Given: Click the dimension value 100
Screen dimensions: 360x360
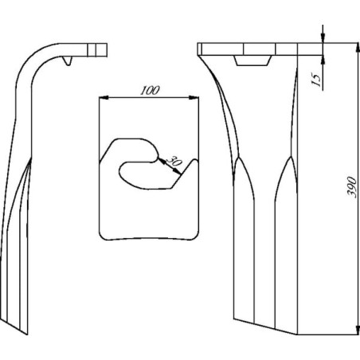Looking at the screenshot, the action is click(x=151, y=90).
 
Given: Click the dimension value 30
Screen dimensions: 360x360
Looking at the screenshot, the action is click(x=174, y=161).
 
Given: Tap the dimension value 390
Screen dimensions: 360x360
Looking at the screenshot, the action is click(x=352, y=186).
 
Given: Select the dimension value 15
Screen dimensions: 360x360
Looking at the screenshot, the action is click(x=316, y=80).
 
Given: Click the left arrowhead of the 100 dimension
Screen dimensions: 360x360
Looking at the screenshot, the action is click(x=104, y=98).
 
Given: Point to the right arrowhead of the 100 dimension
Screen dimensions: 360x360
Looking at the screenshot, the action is click(x=194, y=98).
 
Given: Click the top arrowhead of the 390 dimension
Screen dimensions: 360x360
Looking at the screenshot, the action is click(x=358, y=47).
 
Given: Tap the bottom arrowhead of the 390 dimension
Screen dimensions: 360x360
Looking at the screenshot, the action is click(x=358, y=330).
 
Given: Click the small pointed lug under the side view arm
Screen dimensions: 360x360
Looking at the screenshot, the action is click(x=68, y=61).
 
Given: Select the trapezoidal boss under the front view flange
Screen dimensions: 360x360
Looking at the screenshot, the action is click(x=252, y=61).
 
